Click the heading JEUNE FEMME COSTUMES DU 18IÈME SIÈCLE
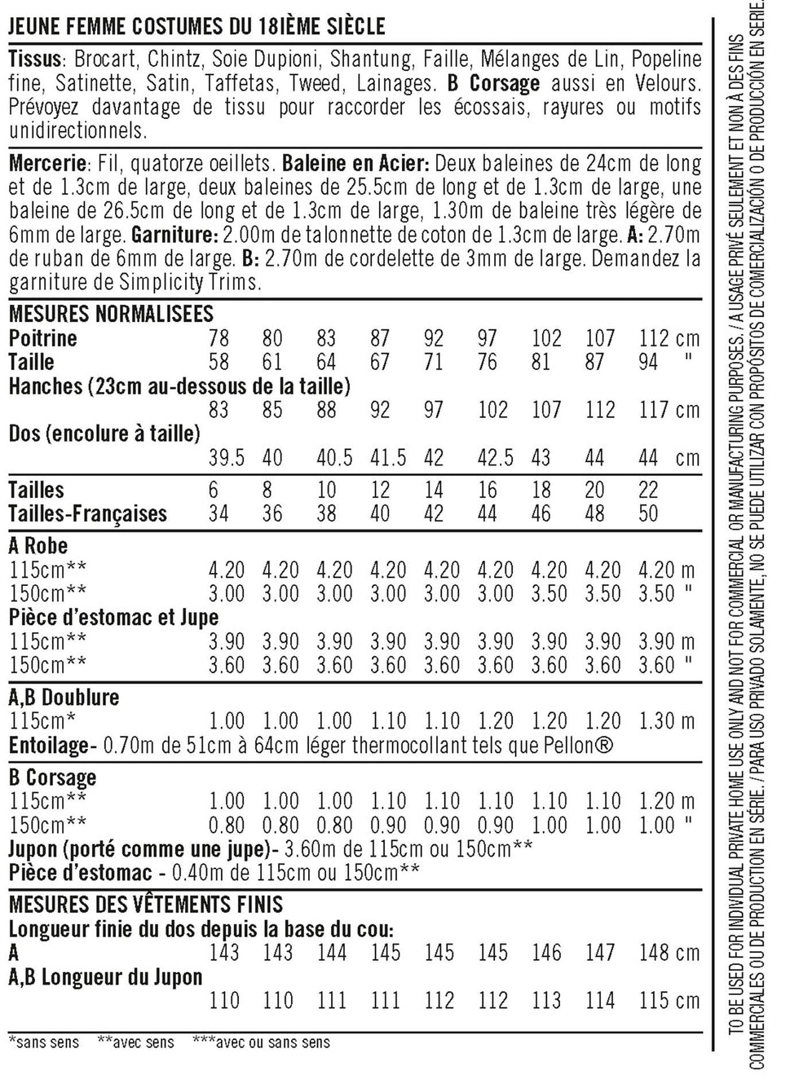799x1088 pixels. coord(196,27)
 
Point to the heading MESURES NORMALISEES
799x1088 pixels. coord(111,314)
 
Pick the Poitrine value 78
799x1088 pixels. coord(219,338)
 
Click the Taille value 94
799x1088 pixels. coord(648,362)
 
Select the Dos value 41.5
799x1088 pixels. coord(388,458)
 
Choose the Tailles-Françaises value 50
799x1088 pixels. coord(648,513)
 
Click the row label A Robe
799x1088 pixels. coord(38,545)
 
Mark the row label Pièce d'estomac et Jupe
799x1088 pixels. coord(113,617)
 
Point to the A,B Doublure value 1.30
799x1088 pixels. coord(656,721)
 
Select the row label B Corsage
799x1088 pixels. coord(53,777)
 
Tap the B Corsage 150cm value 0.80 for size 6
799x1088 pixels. coord(227,825)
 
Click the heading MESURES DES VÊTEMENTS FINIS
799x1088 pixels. coord(146,905)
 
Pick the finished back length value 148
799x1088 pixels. coord(656,953)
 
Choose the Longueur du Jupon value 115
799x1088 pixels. coord(656,1000)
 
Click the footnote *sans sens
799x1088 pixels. coord(44,1042)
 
